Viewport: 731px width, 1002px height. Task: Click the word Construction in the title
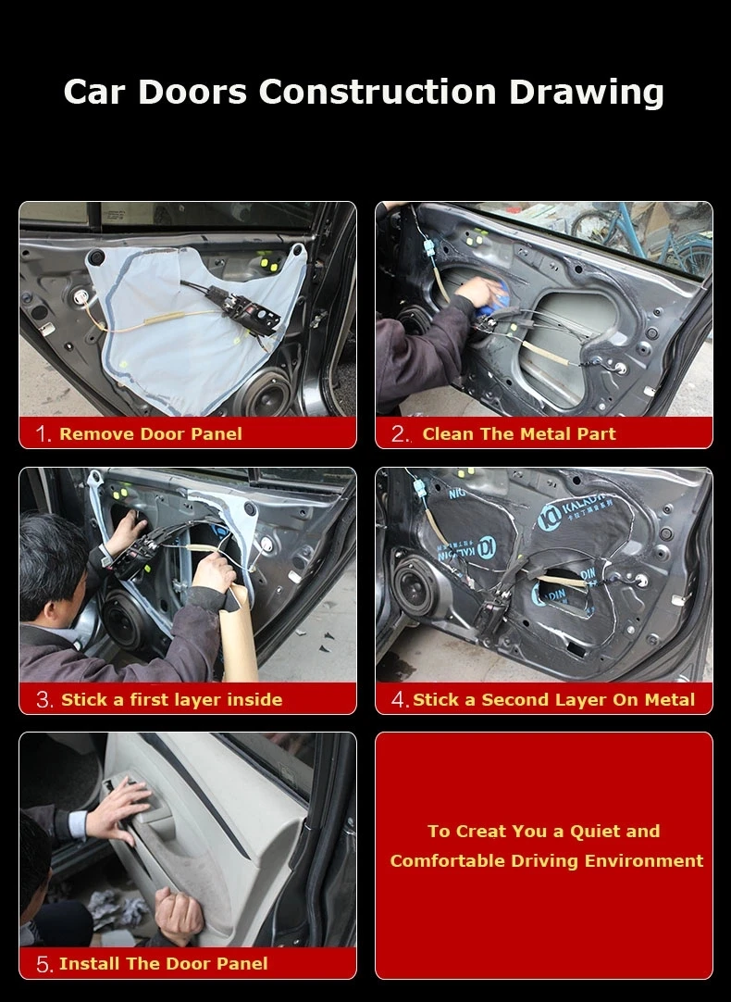pos(378,92)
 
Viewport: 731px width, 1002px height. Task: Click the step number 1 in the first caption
pos(43,434)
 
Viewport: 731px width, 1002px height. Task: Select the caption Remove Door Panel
pos(150,434)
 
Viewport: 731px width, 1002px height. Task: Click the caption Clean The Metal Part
pos(518,434)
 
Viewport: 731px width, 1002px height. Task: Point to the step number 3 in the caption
pos(43,700)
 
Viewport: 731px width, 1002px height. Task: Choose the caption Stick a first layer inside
pos(171,700)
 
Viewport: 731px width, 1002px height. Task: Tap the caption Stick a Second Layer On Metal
pos(553,700)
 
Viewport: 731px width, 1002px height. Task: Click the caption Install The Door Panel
pos(163,964)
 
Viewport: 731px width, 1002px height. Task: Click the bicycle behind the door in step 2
pos(638,232)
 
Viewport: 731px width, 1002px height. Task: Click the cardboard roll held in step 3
pos(238,634)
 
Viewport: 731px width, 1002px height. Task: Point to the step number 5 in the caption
pos(43,965)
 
